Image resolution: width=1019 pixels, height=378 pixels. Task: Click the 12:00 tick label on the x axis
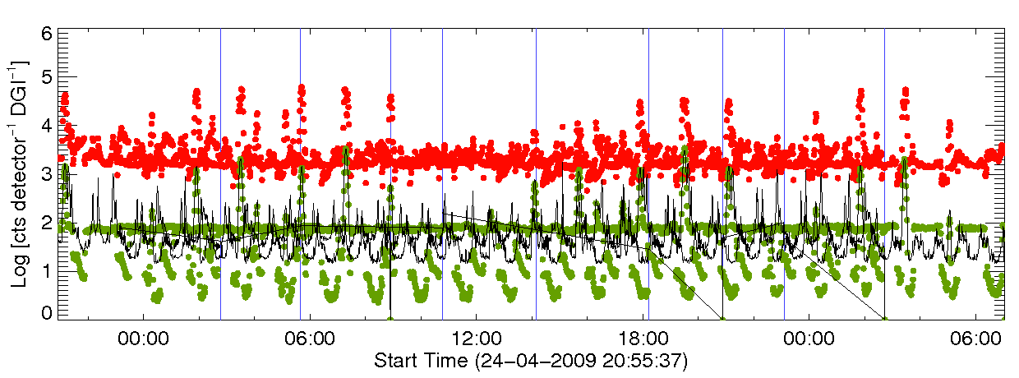pyautogui.click(x=477, y=338)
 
